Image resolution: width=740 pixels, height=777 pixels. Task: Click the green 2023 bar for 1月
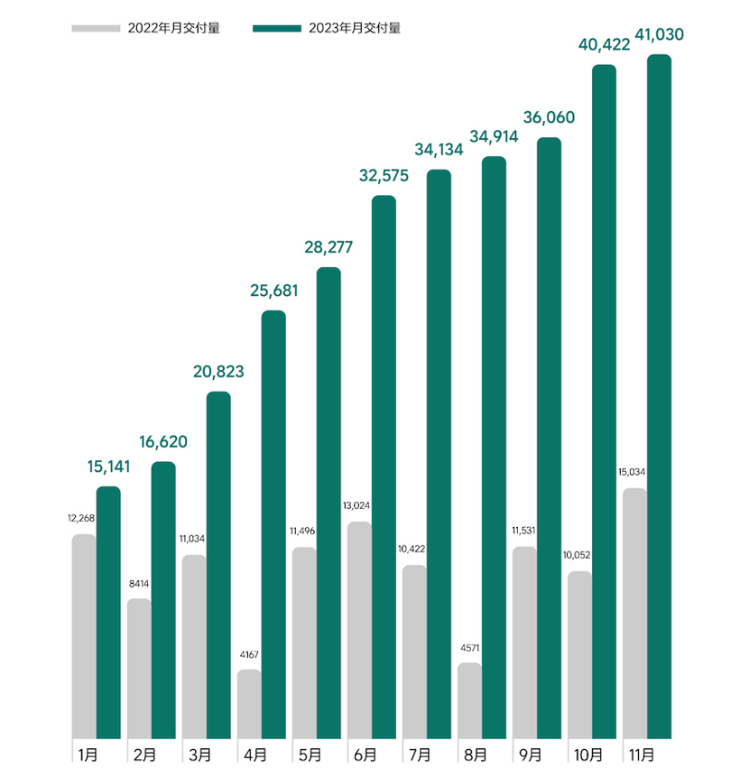click(x=108, y=614)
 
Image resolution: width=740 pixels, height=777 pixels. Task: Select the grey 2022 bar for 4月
click(x=249, y=704)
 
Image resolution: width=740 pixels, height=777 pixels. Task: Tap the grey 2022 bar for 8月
click(x=469, y=701)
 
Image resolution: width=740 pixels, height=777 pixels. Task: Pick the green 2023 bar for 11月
click(x=660, y=397)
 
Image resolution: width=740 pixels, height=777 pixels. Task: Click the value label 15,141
click(x=108, y=467)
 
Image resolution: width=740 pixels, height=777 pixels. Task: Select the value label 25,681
click(x=273, y=291)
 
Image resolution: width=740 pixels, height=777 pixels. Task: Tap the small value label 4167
click(x=250, y=654)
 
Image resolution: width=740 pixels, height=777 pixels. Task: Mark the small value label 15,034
click(x=634, y=472)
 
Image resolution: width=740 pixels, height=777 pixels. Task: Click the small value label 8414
click(x=139, y=584)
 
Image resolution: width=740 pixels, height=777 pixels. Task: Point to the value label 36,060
click(x=549, y=118)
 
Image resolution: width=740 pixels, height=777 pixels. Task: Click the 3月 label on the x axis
click(x=200, y=754)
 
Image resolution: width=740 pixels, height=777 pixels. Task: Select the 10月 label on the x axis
click(x=587, y=754)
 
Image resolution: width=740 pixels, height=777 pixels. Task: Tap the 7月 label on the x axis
click(x=421, y=754)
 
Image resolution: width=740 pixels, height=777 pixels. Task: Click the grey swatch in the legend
click(x=95, y=28)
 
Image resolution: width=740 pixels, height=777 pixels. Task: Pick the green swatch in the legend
click(x=277, y=28)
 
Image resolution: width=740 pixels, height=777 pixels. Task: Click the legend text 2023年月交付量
click(x=355, y=28)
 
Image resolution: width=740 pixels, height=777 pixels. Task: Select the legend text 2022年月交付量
click(x=173, y=28)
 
